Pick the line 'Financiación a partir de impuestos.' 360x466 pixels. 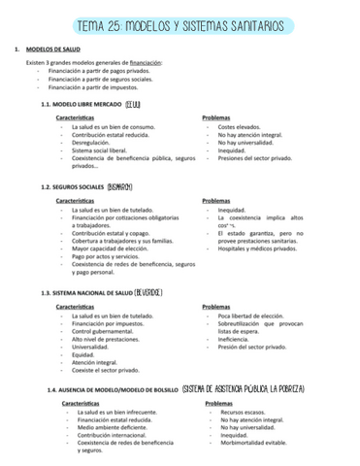click(x=92, y=86)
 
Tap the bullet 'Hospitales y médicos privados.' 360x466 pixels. click(x=257, y=250)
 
